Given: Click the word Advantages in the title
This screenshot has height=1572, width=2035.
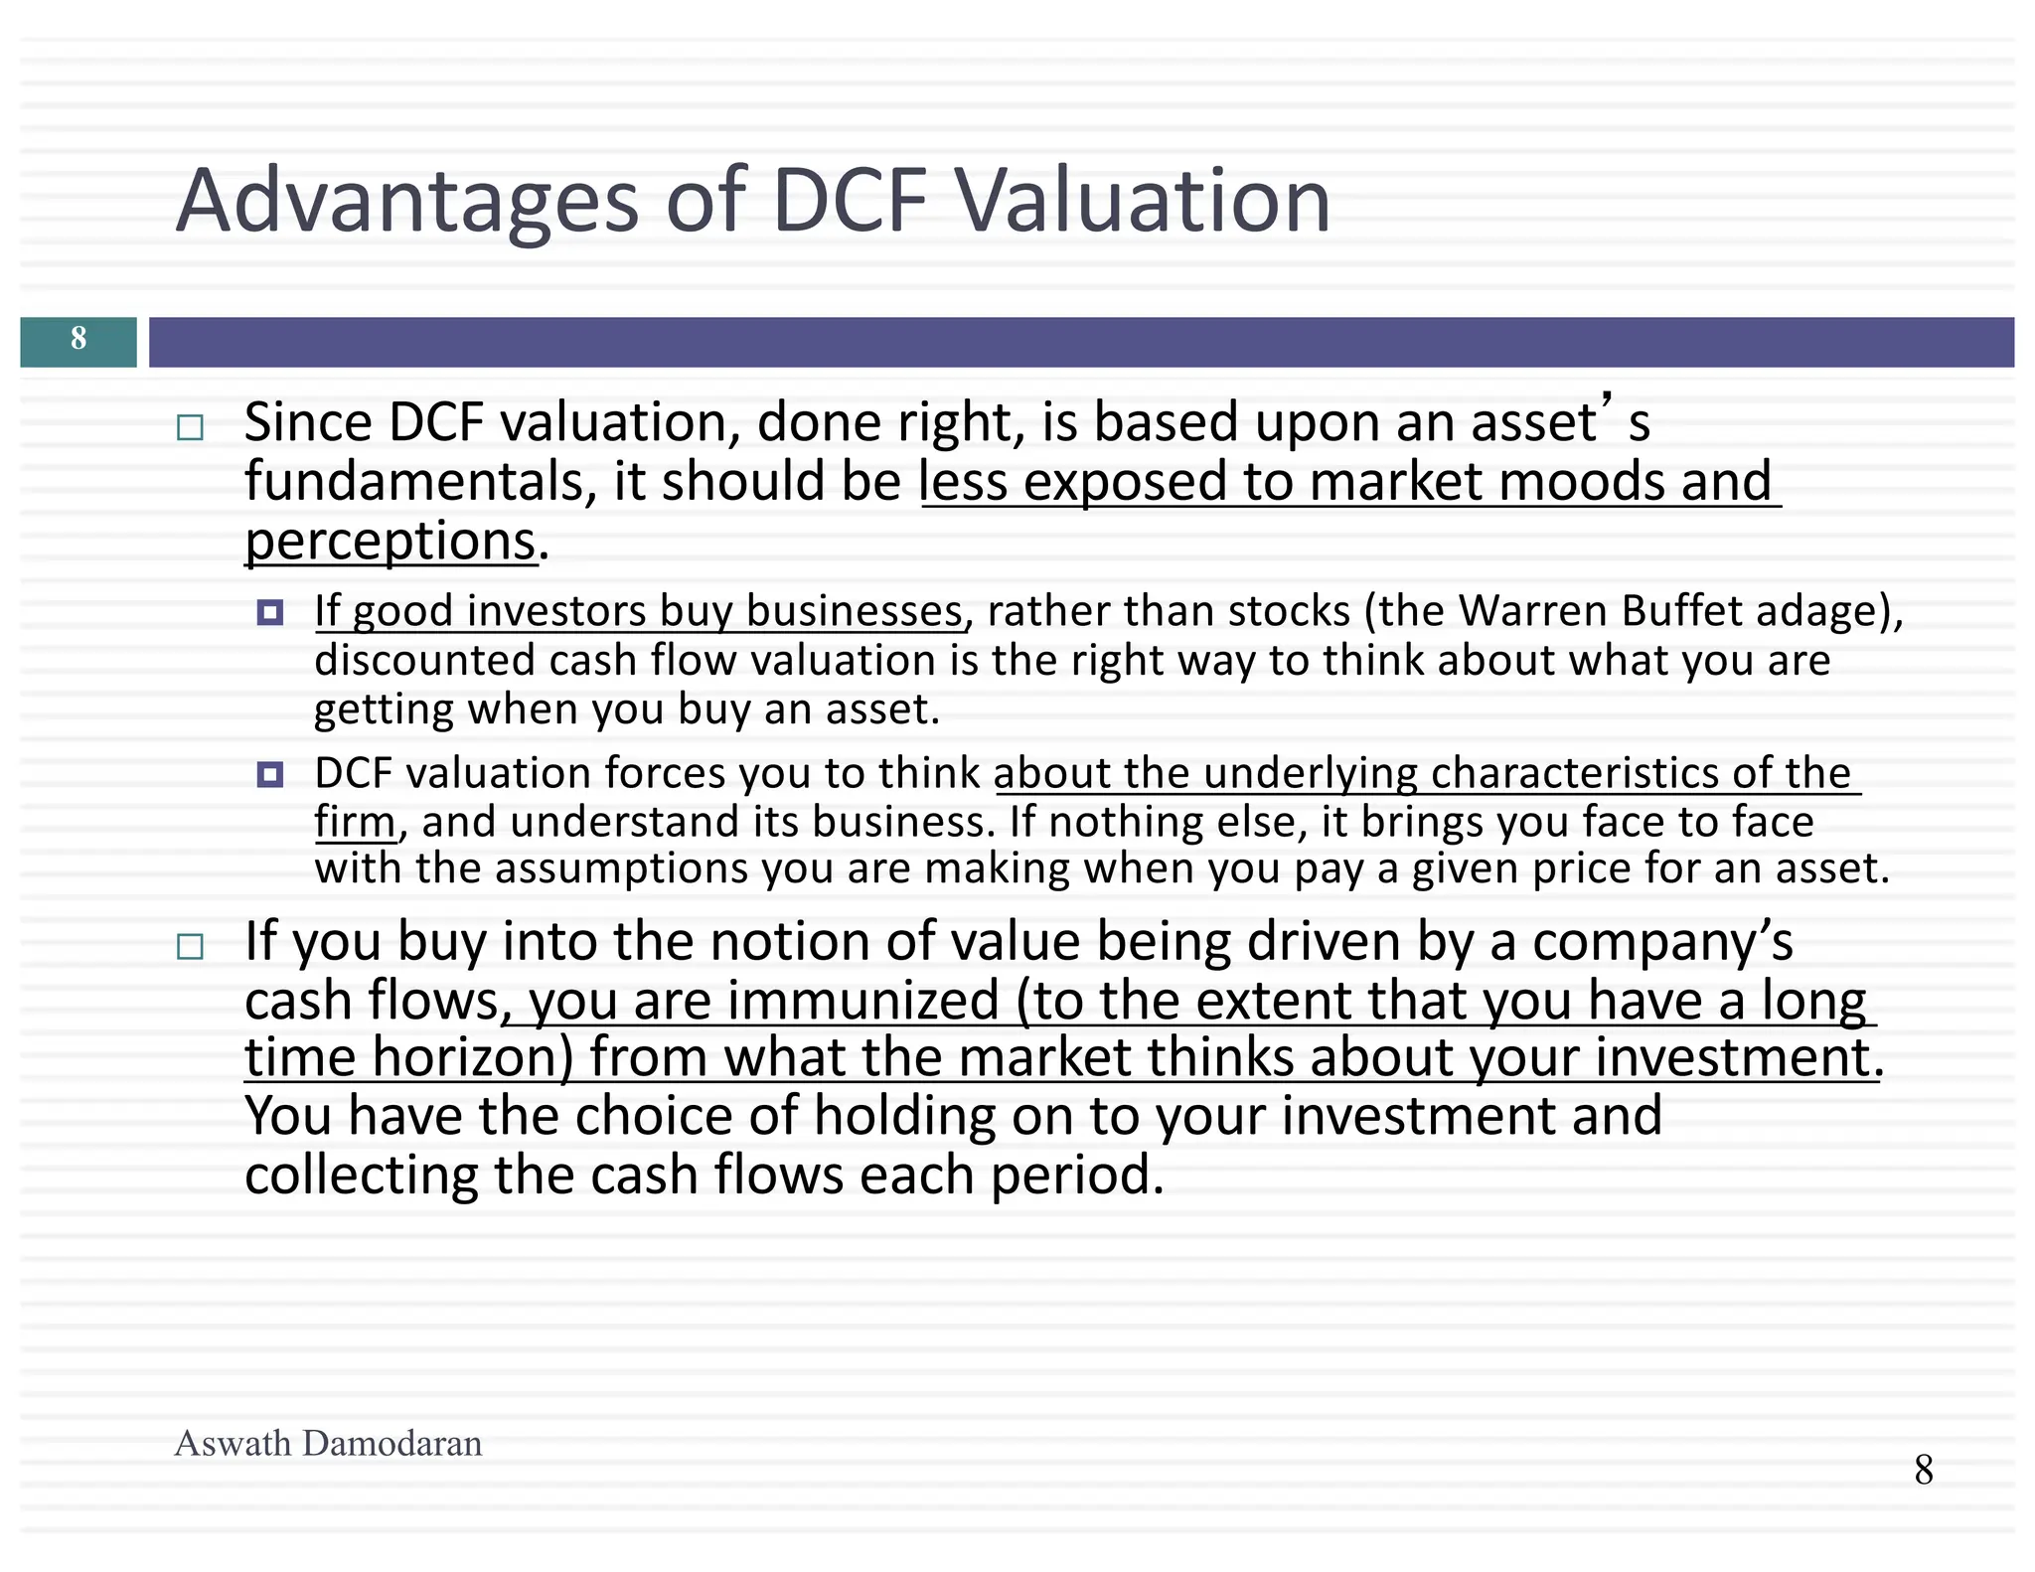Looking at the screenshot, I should tap(407, 202).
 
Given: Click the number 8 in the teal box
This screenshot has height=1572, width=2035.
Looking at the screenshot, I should tap(78, 340).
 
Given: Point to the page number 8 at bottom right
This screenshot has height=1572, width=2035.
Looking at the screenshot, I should tap(1924, 1470).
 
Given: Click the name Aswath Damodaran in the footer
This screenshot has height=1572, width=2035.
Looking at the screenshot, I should tap(328, 1444).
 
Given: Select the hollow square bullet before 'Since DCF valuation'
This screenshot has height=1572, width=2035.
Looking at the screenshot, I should tap(190, 428).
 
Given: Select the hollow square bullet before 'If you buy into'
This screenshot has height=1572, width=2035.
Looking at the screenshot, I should tap(190, 946).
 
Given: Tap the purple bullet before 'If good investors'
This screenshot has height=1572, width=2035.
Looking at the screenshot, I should tap(270, 612).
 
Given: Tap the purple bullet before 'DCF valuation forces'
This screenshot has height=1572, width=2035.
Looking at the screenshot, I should tap(270, 774).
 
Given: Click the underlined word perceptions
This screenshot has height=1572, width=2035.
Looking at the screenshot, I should tap(391, 543).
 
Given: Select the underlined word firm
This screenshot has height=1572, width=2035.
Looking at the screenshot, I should tap(355, 823).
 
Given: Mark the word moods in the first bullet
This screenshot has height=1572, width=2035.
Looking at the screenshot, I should tap(1580, 483).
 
